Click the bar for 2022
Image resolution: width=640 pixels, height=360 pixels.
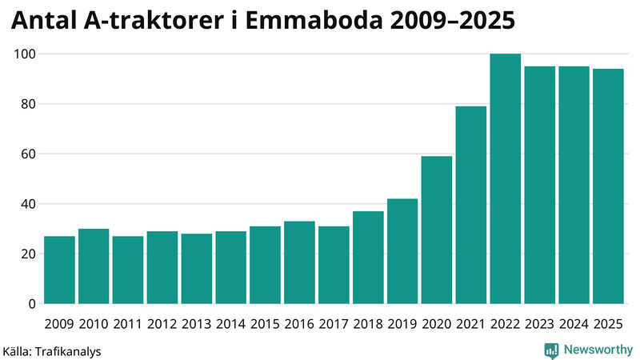coord(506,179)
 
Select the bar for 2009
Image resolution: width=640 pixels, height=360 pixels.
coord(59,270)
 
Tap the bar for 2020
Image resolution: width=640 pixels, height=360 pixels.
coord(437,230)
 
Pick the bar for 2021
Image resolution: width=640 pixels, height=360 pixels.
coord(471,206)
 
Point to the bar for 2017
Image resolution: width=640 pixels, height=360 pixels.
coord(334,266)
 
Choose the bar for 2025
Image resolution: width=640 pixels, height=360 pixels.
coord(608,186)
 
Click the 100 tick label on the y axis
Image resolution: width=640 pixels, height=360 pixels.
coord(26,54)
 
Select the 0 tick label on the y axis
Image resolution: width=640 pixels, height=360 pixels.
coord(32,304)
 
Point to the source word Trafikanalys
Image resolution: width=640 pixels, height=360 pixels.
coord(68,350)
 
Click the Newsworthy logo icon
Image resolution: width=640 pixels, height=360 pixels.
coord(551,350)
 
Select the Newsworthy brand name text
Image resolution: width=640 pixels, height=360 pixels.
coord(597,350)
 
